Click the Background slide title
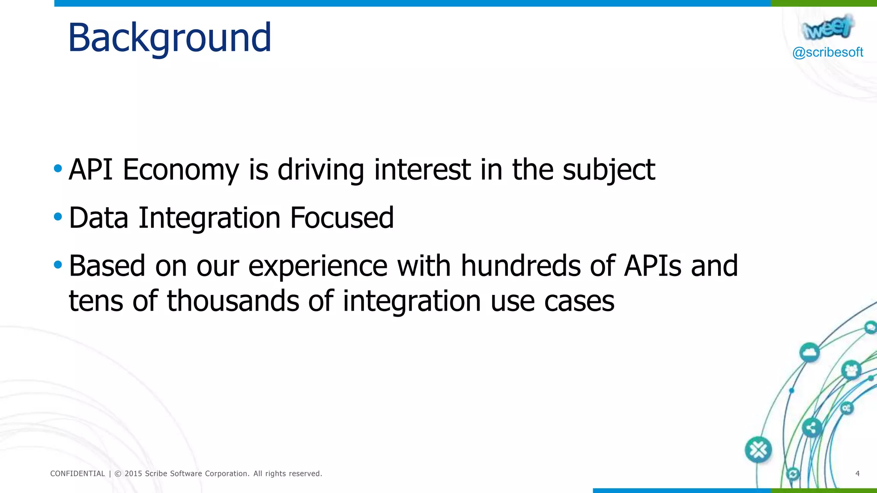pyautogui.click(x=170, y=38)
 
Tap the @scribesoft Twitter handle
pyautogui.click(x=827, y=52)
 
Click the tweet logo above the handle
pyautogui.click(x=827, y=27)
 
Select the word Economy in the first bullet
pyautogui.click(x=181, y=170)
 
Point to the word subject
pyautogui.click(x=609, y=170)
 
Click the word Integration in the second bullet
pyautogui.click(x=209, y=218)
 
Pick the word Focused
pyautogui.click(x=342, y=218)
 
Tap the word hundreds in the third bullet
pyautogui.click(x=520, y=266)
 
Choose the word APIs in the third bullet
pyautogui.click(x=652, y=266)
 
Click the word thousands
pyautogui.click(x=233, y=301)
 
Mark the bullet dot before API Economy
pyautogui.click(x=58, y=168)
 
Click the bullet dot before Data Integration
pyautogui.click(x=58, y=217)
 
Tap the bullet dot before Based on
pyautogui.click(x=58, y=265)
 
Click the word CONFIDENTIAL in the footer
pyautogui.click(x=78, y=474)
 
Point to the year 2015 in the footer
pyautogui.click(x=133, y=474)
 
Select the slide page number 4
pyautogui.click(x=857, y=473)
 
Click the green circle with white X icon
pyautogui.click(x=758, y=450)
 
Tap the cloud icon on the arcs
pyautogui.click(x=809, y=353)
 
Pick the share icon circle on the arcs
pyautogui.click(x=811, y=428)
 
